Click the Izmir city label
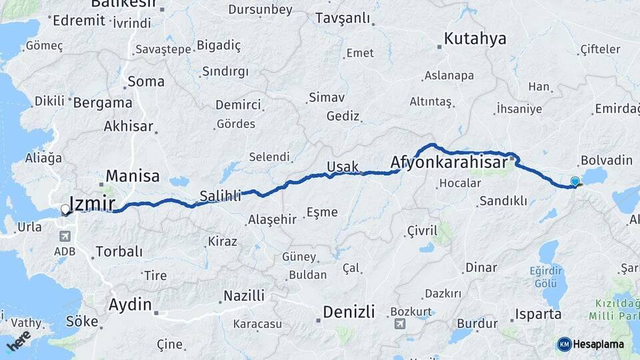pos(93,204)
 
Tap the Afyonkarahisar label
pos(445,162)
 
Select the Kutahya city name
pos(475,39)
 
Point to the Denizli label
pos(349,311)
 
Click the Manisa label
pos(133,176)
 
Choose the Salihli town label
pos(220,195)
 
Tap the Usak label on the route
pos(343,167)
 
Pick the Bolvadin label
pos(606,160)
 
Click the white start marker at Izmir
pos(65,210)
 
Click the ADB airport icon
pos(65,236)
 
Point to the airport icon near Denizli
pos(399,324)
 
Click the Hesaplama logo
pos(590,344)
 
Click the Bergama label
pos(103,103)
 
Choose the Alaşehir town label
pos(271,219)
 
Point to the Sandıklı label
pos(503,201)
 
